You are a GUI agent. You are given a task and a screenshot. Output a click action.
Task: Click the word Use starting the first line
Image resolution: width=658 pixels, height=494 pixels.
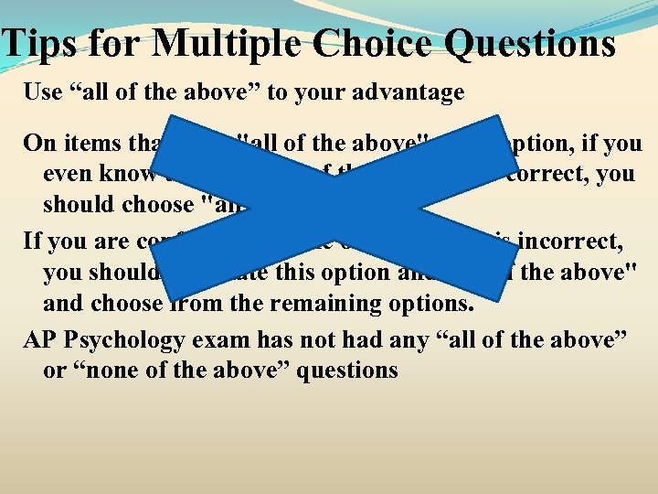(x=42, y=92)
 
